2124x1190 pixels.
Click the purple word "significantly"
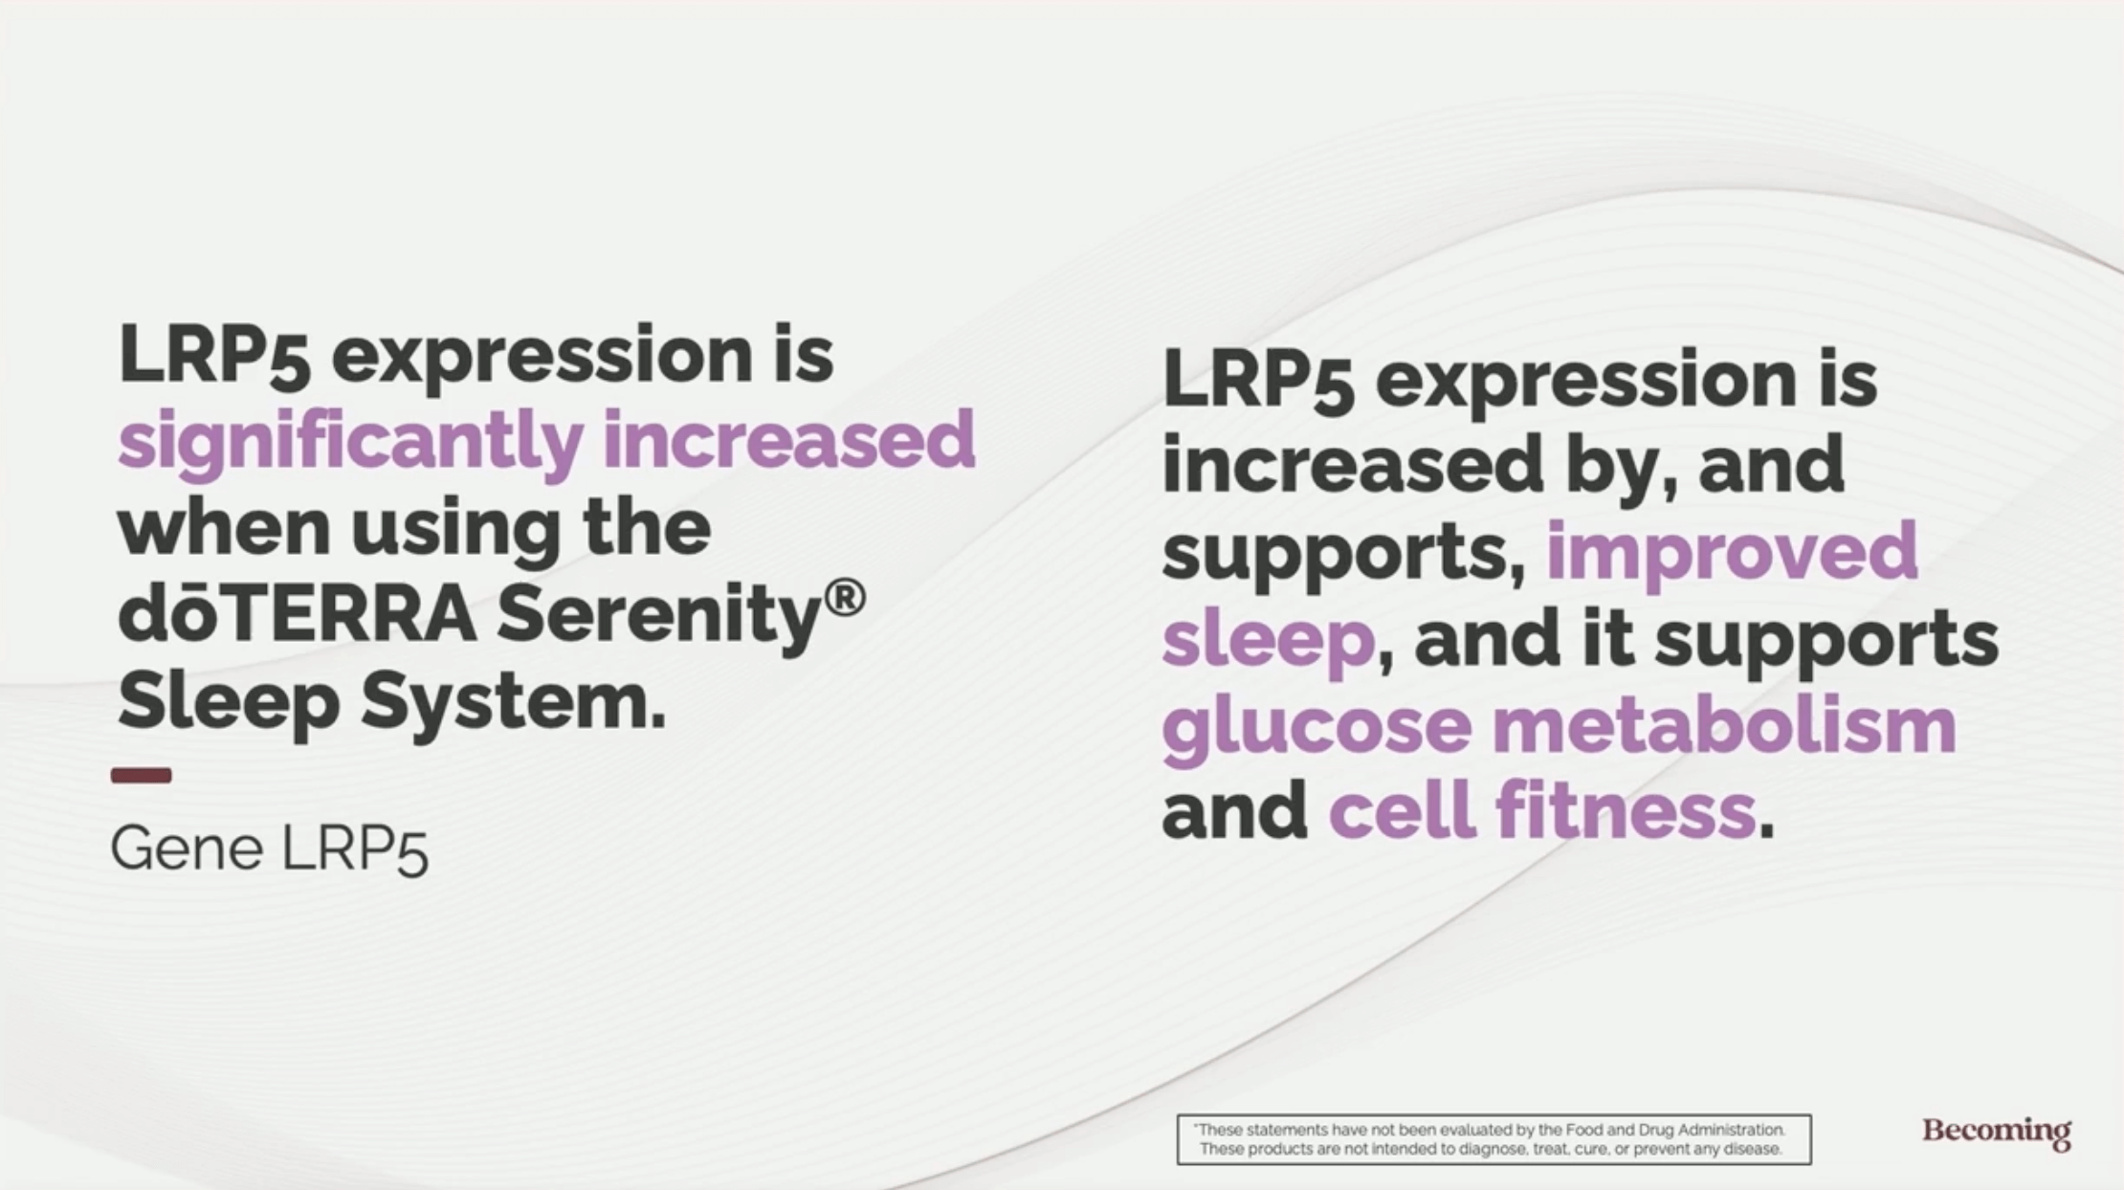coord(350,440)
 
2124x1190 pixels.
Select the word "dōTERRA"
coord(297,613)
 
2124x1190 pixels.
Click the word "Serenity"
coord(659,618)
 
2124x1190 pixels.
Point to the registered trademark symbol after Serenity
coord(845,599)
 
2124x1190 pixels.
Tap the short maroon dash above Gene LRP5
coord(142,775)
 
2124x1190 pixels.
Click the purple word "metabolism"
coord(1724,725)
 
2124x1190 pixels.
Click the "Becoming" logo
coord(1997,1133)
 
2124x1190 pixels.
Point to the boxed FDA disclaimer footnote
coord(1493,1139)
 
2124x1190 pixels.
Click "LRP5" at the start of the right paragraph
coord(1258,380)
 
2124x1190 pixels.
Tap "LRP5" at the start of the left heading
coord(213,355)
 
